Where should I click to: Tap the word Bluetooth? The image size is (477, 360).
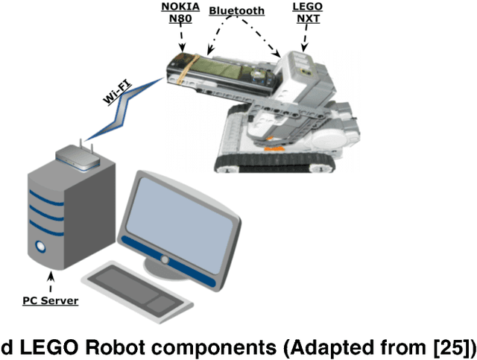pos(236,11)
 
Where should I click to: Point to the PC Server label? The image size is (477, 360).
pos(51,301)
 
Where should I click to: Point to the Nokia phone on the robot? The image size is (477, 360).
pos(220,71)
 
